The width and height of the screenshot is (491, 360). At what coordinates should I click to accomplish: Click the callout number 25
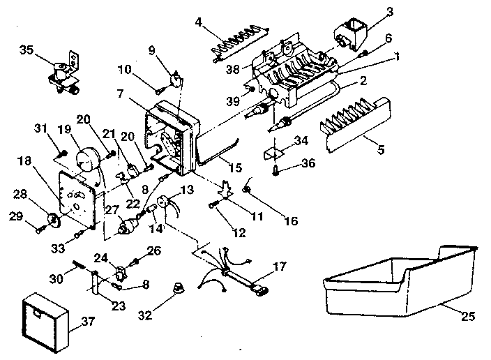pos(467,317)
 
